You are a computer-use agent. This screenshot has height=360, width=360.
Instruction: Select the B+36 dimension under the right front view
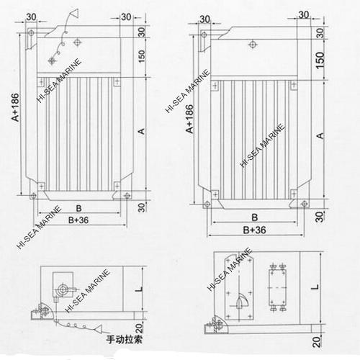coord(254,230)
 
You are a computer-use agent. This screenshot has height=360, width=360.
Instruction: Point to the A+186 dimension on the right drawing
coord(189,118)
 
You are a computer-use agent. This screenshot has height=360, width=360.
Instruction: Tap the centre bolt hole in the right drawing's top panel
coord(253,45)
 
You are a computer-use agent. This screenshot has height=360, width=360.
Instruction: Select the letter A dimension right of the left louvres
coord(141,130)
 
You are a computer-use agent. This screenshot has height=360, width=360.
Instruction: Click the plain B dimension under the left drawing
coord(77,206)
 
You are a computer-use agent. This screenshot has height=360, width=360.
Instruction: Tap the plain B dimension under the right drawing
coord(254,217)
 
